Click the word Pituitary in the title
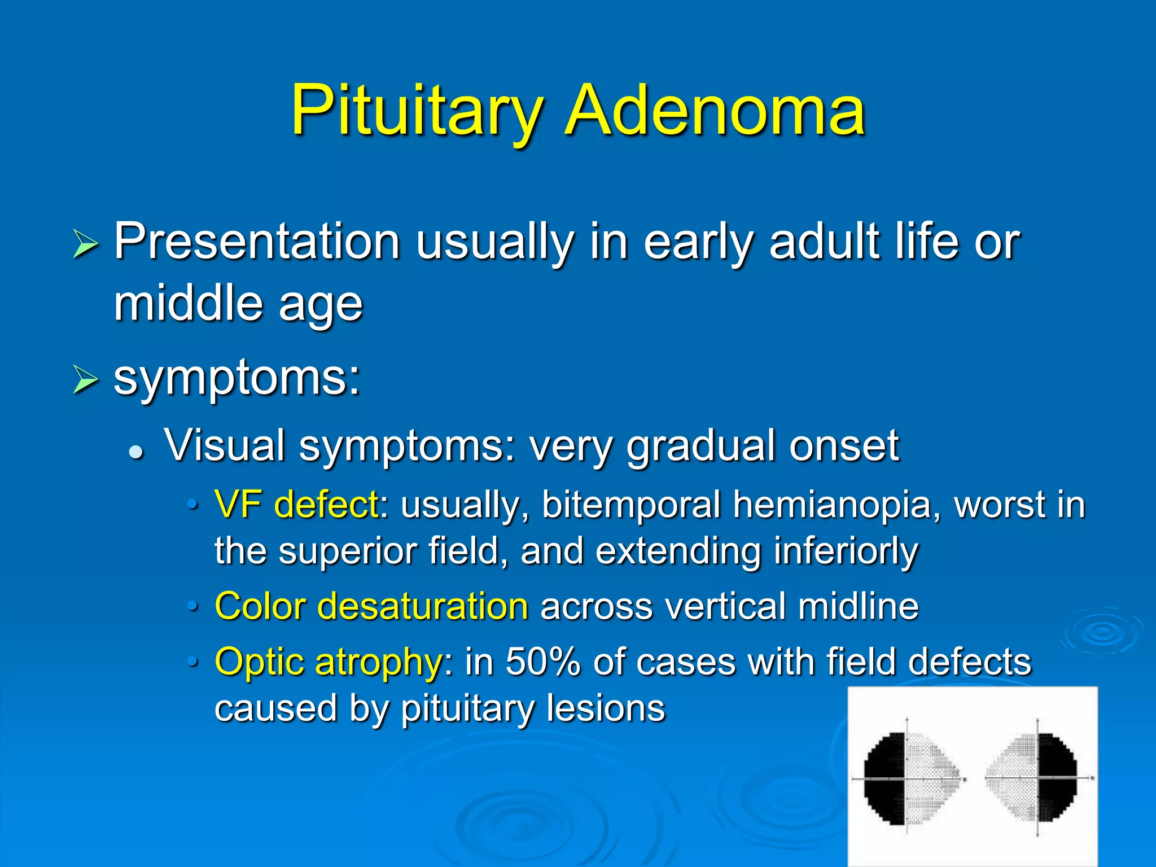(x=417, y=111)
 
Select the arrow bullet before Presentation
(x=85, y=245)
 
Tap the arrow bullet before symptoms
(x=85, y=380)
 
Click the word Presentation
(x=257, y=242)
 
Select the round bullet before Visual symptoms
(x=135, y=452)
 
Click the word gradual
(x=700, y=446)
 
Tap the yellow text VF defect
(x=296, y=504)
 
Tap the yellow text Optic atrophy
(x=328, y=662)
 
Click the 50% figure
(x=542, y=662)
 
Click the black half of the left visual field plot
(x=884, y=779)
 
